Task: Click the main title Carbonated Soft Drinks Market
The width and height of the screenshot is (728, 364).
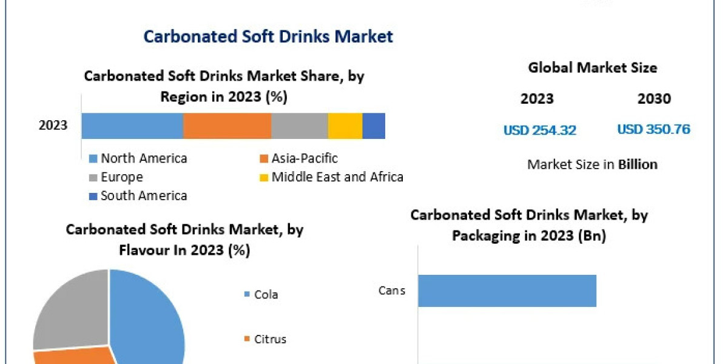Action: point(268,36)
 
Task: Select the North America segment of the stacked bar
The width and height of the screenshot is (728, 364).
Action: point(132,126)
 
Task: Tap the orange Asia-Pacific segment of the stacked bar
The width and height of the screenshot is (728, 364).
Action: point(227,126)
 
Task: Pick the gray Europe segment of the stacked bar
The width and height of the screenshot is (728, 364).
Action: point(300,126)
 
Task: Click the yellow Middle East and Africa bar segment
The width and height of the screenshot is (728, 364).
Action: point(345,126)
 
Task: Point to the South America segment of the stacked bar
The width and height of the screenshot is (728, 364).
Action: point(374,126)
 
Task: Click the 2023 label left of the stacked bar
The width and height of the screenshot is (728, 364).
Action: point(53,126)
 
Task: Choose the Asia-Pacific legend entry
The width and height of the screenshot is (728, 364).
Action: point(298,159)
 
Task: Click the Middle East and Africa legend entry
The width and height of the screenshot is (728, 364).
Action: point(331,177)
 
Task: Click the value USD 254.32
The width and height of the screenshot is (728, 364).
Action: point(539,130)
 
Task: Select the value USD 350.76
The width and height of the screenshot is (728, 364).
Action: point(653,129)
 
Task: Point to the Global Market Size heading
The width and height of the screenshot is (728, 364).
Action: point(592,68)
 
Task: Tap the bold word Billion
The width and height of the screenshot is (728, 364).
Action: point(638,164)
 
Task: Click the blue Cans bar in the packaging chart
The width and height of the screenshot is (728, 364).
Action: point(507,291)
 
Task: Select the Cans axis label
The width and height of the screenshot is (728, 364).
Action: point(391,291)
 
